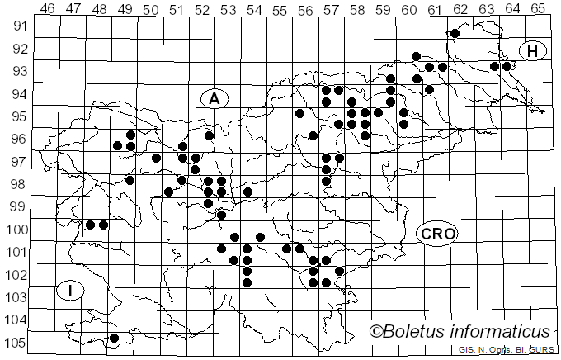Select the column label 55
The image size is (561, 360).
(280, 9)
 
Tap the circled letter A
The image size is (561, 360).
(214, 98)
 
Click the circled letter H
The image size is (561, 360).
(533, 51)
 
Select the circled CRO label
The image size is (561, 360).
(436, 234)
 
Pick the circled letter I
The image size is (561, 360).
(71, 291)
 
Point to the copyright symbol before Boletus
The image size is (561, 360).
(375, 332)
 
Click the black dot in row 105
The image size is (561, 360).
(114, 338)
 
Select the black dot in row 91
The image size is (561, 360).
(455, 33)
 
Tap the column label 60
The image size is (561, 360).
(409, 9)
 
